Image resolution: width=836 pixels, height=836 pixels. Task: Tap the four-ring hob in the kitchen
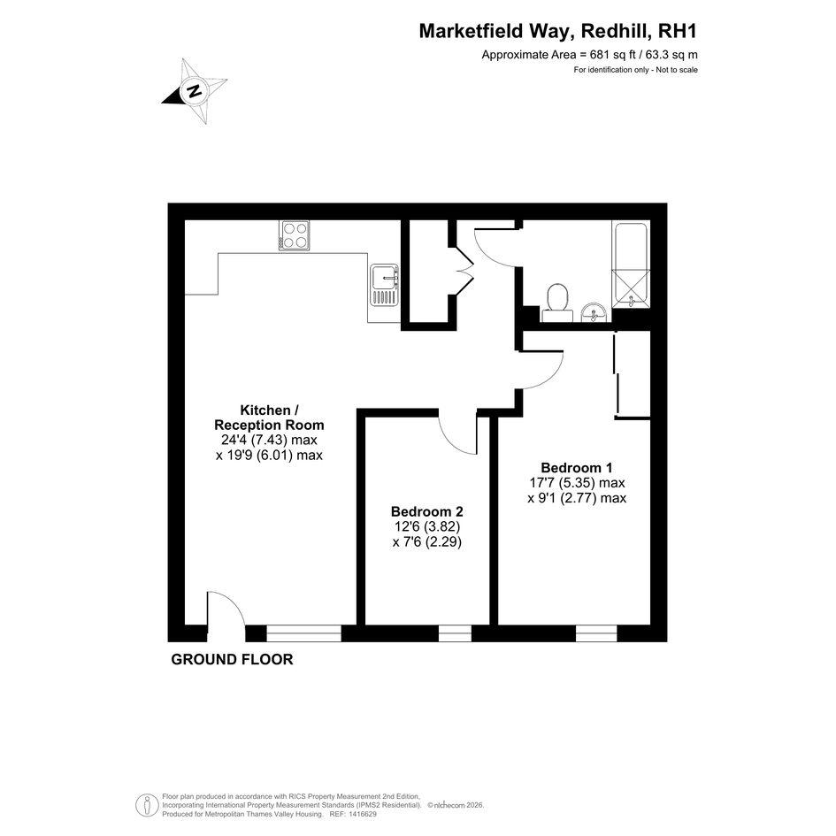point(295,235)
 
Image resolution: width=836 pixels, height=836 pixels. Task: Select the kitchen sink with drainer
point(385,285)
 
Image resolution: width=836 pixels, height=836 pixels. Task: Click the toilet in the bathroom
point(557,302)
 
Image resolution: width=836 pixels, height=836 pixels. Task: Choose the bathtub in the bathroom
point(632,265)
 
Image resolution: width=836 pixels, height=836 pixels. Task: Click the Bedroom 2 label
point(427,511)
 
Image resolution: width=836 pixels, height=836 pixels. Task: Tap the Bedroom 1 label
point(577,468)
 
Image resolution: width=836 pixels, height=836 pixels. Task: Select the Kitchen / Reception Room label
point(269,418)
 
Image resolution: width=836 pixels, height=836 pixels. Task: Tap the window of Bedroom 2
point(455,633)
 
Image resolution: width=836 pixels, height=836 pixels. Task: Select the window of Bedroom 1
point(596,633)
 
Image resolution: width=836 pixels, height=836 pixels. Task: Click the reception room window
point(303,633)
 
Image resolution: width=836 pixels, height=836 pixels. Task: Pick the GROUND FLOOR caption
point(232,660)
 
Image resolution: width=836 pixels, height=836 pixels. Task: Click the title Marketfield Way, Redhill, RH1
point(557,31)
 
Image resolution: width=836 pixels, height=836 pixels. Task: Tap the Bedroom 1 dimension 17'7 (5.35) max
point(577,482)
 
